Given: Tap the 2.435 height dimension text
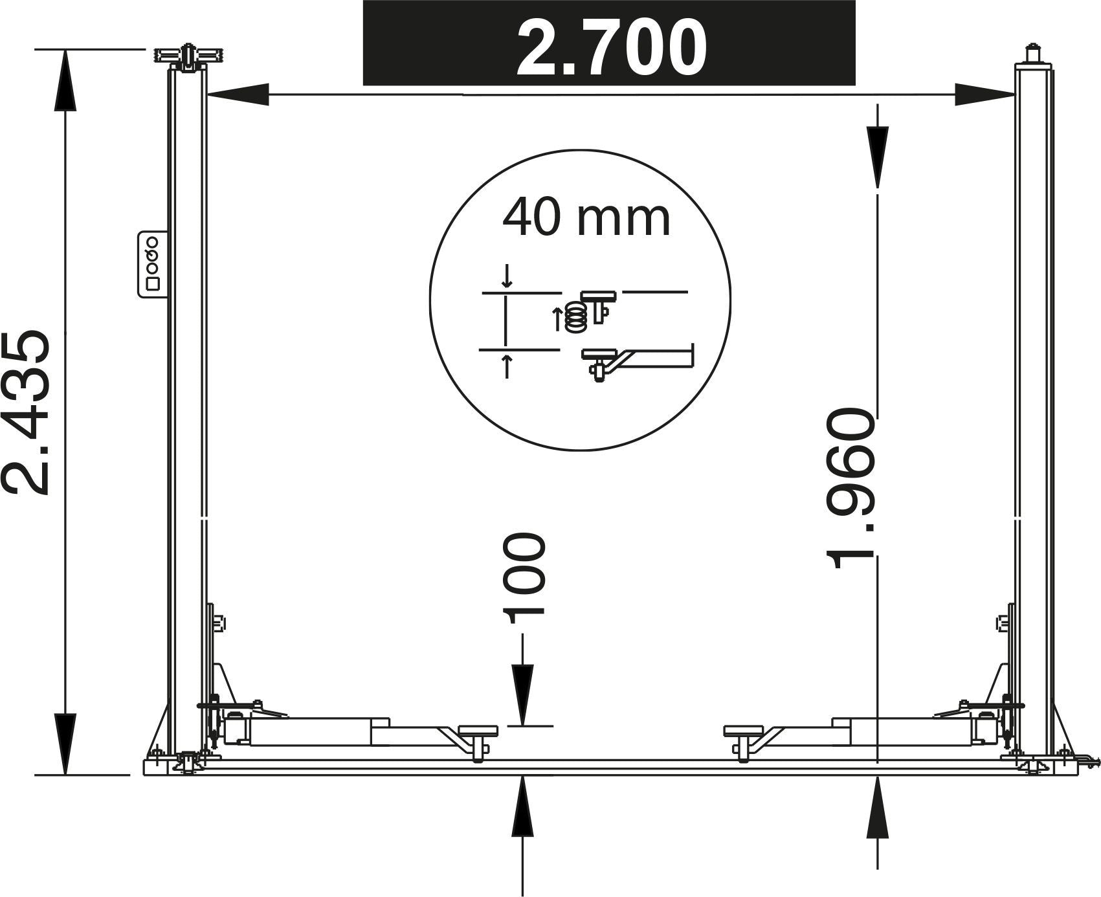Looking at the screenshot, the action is [26, 412].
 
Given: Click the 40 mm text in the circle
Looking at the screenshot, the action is [586, 219].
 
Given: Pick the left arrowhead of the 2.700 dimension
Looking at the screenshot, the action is [237, 94].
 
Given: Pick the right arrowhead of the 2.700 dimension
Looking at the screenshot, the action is [984, 94].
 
